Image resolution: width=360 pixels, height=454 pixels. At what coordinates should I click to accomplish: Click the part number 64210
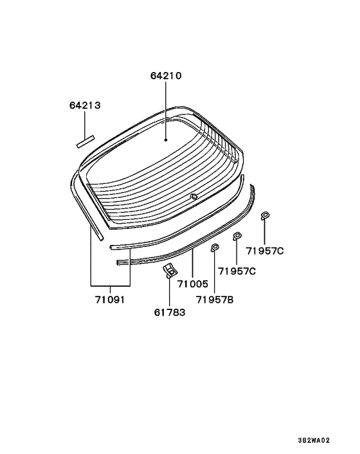point(166,76)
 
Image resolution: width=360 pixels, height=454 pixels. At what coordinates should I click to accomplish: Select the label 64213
point(85,105)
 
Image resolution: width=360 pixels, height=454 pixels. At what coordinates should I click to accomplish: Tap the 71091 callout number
point(110,300)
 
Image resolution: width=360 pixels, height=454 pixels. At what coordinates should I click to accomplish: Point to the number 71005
point(193,284)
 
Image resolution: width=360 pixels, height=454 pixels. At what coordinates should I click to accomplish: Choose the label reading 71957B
point(215,300)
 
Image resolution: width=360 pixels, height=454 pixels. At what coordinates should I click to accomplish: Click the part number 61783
point(170,313)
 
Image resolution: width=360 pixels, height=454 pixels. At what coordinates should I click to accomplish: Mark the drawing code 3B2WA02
point(314,440)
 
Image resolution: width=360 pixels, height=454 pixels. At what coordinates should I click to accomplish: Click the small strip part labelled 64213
point(85,141)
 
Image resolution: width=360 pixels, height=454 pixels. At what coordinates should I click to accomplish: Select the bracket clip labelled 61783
point(170,271)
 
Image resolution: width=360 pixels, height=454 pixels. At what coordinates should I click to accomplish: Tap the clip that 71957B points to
point(215,248)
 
